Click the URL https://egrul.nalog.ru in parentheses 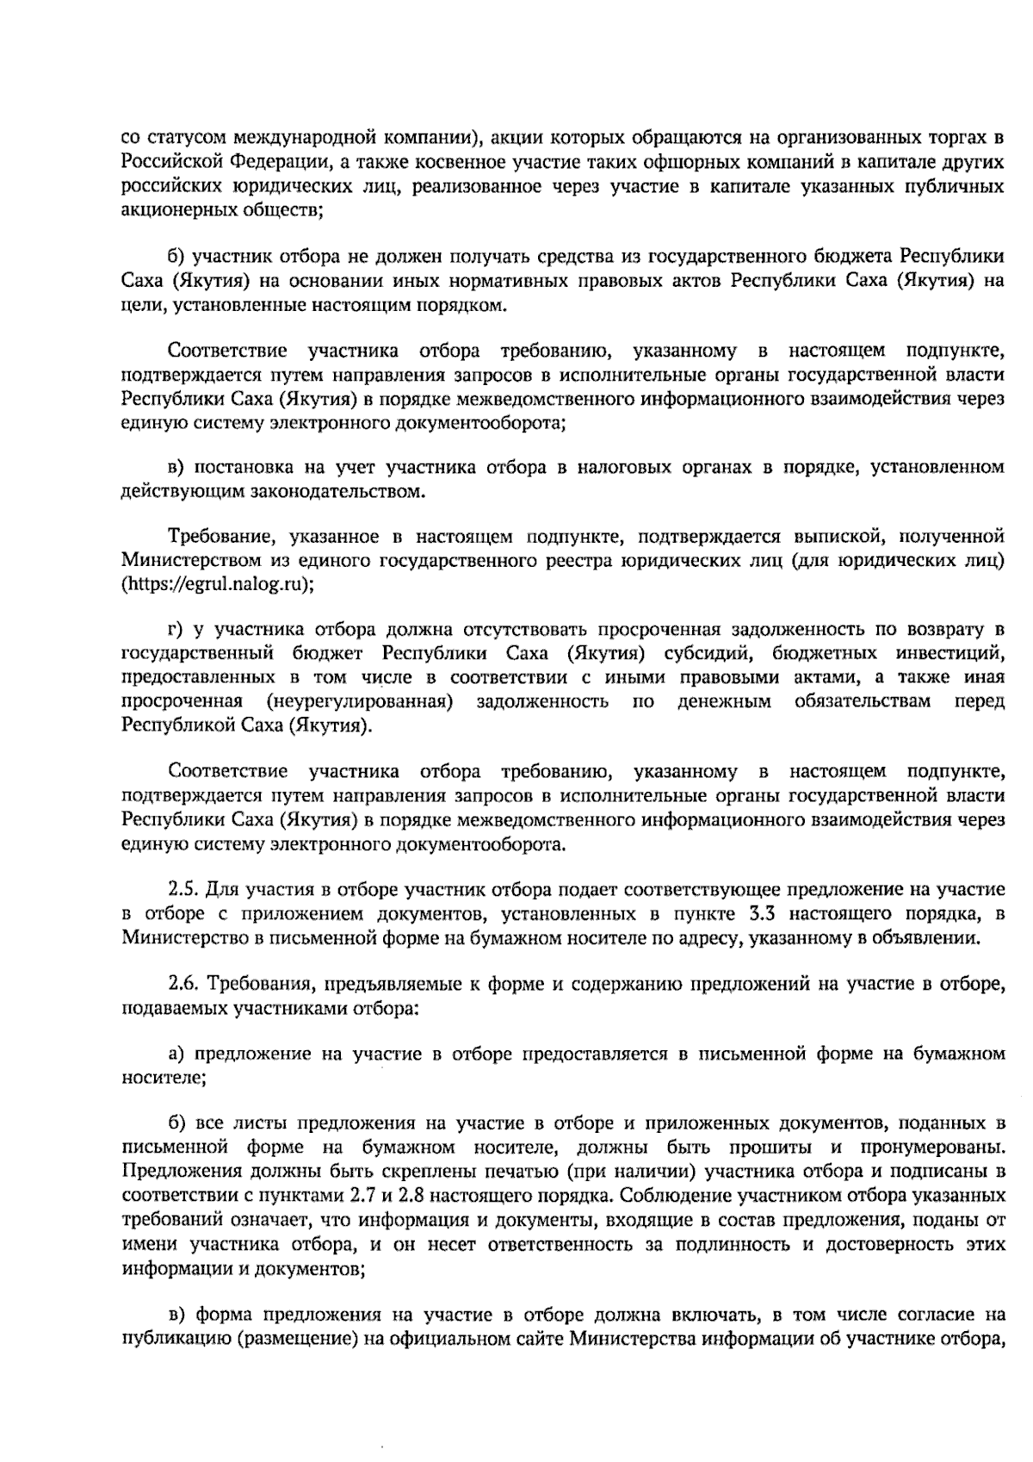[x=217, y=585]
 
